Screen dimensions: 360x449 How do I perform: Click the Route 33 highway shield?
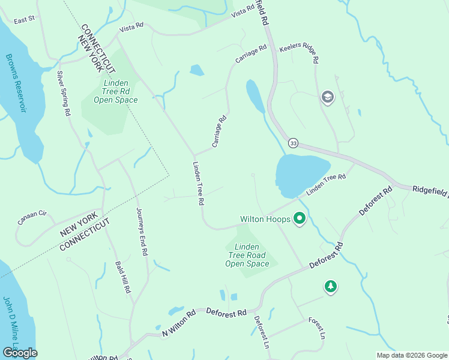pyautogui.click(x=293, y=143)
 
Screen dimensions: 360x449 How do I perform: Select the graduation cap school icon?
pyautogui.click(x=327, y=97)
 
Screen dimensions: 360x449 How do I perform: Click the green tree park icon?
pyautogui.click(x=330, y=287)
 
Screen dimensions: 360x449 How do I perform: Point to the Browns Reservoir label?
pyautogui.click(x=16, y=83)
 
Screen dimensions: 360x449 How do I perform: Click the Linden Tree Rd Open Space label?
pyautogui.click(x=116, y=92)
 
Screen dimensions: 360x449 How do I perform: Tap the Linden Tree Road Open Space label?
pyautogui.click(x=247, y=256)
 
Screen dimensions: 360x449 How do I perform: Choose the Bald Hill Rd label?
pyautogui.click(x=124, y=277)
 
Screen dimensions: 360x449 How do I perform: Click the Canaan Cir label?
pyautogui.click(x=32, y=217)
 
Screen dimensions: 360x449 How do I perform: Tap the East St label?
pyautogui.click(x=25, y=20)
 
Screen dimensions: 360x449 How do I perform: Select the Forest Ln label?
pyautogui.click(x=317, y=328)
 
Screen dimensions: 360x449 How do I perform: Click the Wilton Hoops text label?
pyautogui.click(x=265, y=220)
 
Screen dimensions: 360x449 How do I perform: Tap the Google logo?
pyautogui.click(x=20, y=352)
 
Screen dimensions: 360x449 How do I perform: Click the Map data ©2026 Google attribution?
pyautogui.click(x=411, y=355)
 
